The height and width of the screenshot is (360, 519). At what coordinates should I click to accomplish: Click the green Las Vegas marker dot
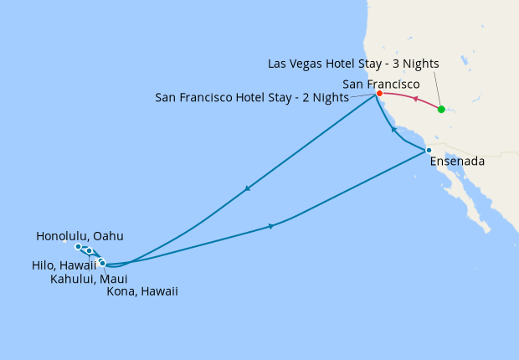[x=441, y=110]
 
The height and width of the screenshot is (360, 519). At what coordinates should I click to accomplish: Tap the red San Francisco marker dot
[x=379, y=93]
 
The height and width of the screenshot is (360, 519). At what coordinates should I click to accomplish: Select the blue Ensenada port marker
[x=429, y=151]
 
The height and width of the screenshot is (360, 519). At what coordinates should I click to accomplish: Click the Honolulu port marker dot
[x=78, y=247]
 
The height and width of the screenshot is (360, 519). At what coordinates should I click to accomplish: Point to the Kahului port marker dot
[x=90, y=251]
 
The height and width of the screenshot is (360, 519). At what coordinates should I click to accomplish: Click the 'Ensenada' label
[x=456, y=162]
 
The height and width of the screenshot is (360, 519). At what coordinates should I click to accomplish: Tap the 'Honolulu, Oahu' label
[x=80, y=236]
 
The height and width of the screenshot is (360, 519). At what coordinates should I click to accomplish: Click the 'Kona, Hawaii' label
[x=142, y=291]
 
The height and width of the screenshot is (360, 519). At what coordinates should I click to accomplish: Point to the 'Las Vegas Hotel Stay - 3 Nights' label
[x=353, y=63]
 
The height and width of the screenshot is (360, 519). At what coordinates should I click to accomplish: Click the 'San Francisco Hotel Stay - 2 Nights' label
[x=252, y=97]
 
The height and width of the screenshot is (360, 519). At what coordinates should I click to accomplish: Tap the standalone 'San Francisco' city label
[x=382, y=84]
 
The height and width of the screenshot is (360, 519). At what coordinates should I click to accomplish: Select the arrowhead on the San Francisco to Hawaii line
[x=246, y=189]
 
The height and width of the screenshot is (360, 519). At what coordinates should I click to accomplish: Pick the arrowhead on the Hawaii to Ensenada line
[x=270, y=226]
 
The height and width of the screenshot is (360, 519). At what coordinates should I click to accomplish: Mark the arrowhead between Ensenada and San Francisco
[x=393, y=131]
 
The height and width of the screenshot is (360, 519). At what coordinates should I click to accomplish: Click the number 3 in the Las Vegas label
[x=393, y=63]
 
